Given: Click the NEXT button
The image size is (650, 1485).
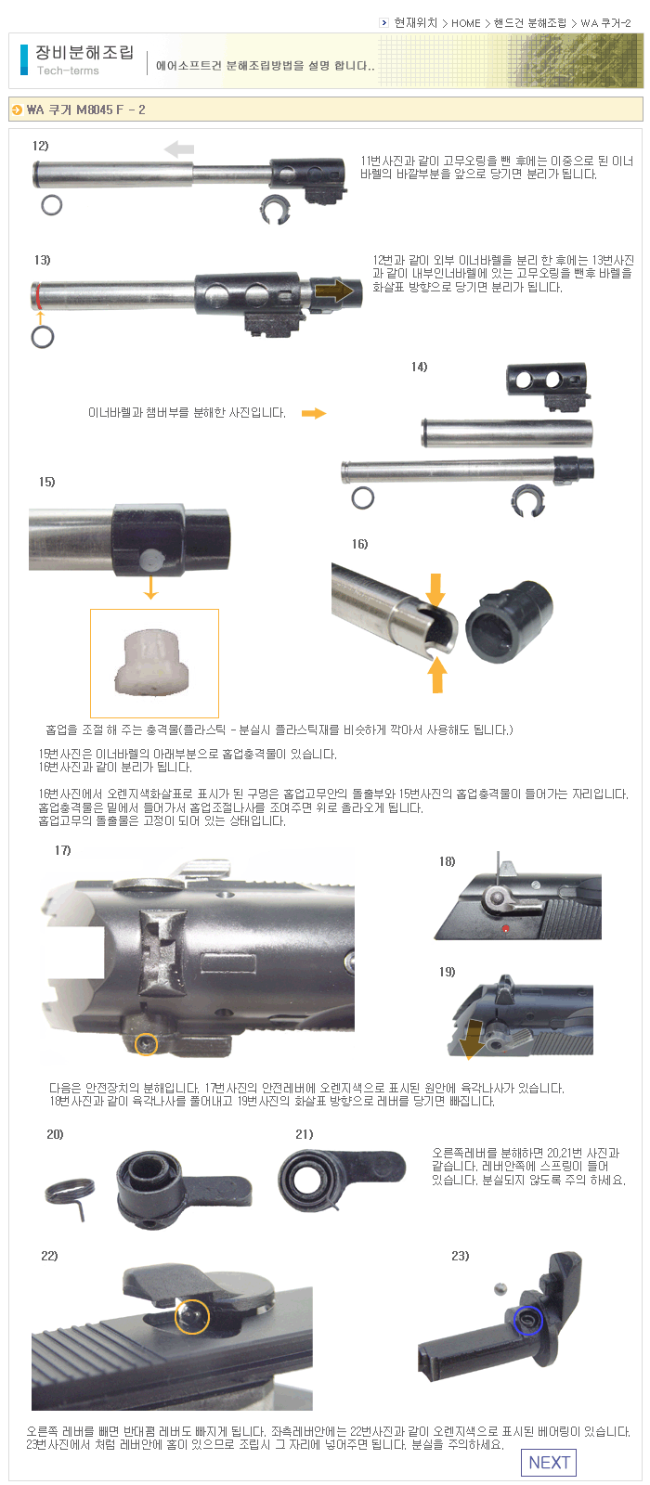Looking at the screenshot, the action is pos(549,1462).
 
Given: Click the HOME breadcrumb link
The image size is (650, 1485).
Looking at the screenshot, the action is pos(465,23).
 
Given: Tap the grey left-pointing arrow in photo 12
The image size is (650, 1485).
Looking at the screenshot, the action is pos(179,149).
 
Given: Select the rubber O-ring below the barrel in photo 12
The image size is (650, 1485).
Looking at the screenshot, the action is pos(52,205).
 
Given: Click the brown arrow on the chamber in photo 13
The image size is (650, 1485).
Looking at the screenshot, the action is pos(335,291).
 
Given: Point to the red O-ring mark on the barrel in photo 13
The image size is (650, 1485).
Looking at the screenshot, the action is pos(38,295).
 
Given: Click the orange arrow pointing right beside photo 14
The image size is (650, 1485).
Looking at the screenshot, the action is pos(314,413).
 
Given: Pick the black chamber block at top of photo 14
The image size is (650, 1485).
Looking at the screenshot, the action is pos(547,386).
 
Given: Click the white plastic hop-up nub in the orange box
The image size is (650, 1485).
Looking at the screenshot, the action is pos(152,662).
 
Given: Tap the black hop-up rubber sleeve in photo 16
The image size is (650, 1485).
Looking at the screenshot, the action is pos(508,621).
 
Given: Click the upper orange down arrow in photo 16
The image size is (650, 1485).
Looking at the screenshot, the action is pos(435,589).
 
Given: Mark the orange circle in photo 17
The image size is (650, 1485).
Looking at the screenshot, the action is pos(146,1044).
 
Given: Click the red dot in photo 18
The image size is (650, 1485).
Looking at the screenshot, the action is pos(505,928).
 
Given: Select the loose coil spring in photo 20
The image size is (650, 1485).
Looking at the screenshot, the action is pos(70,1194).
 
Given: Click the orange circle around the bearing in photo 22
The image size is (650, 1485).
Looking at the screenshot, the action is pos(192,1316).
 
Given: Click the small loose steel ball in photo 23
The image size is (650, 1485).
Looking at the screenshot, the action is pos(500,1288).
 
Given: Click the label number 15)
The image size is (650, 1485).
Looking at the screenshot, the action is pos(46,482).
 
